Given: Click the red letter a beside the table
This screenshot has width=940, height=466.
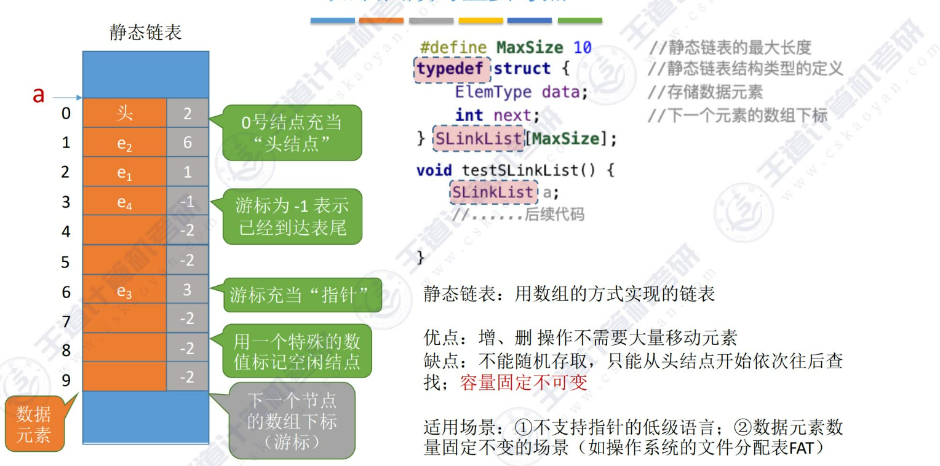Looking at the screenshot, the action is coord(38,95).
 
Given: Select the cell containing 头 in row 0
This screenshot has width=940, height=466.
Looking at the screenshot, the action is coord(124,113).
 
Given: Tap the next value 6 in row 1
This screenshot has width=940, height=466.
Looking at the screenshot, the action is coord(188,143).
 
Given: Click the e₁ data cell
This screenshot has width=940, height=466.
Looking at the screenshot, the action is coord(124,173).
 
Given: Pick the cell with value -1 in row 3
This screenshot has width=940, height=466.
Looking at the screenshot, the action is coord(188,202).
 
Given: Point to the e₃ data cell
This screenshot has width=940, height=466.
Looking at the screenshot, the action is coord(124,291).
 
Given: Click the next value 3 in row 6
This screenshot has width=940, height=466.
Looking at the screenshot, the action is coord(188,291).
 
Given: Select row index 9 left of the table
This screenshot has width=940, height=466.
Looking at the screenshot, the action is coord(66,380).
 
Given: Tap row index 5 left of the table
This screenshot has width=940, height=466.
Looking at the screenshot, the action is coord(66,262).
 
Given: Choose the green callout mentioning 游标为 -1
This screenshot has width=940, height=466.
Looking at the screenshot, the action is coord(292,216).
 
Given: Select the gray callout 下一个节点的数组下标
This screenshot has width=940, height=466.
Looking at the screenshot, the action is coord(292,421).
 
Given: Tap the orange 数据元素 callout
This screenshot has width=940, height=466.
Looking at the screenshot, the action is coord(33,425).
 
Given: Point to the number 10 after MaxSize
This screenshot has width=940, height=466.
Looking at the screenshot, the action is coord(582,47).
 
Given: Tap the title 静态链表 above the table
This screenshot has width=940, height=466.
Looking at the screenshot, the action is coord(146,32).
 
